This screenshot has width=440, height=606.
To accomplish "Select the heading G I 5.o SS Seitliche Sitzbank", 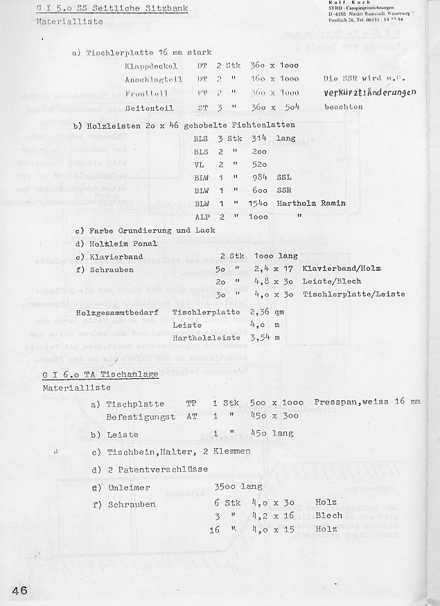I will pyautogui.click(x=107, y=8).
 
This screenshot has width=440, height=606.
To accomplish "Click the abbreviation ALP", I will pyautogui.click(x=201, y=216).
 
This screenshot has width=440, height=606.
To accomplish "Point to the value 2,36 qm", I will pyautogui.click(x=265, y=312).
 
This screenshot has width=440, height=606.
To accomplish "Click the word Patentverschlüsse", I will pyautogui.click(x=168, y=470).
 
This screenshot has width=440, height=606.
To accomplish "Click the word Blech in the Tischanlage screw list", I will pyautogui.click(x=328, y=515).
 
